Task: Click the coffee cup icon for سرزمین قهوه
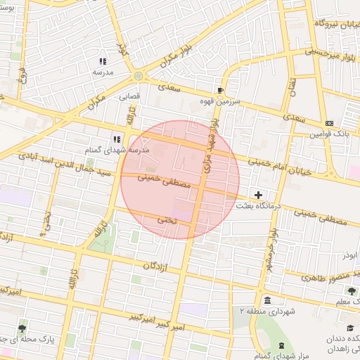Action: pos(220,91)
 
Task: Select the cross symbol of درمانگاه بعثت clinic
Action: pos(259,194)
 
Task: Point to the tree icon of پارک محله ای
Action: pos(23,328)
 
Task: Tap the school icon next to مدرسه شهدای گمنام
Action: pos(117,139)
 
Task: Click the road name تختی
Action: pos(167,220)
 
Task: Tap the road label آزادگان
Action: pos(156,266)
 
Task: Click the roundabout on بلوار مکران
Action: pos(139,75)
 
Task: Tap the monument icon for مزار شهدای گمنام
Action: pos(281,345)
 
